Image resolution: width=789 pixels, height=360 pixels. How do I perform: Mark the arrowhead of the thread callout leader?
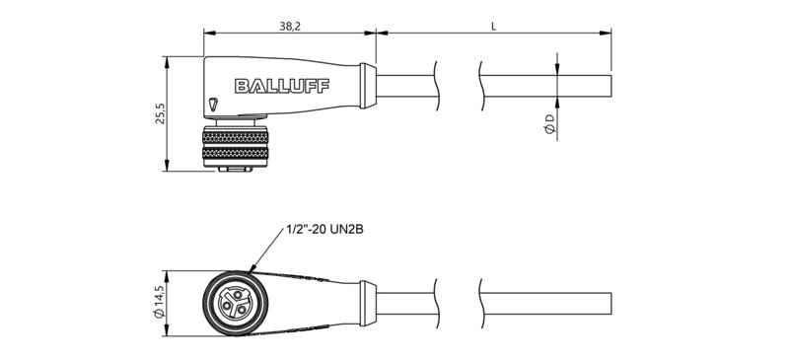click(253, 269)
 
